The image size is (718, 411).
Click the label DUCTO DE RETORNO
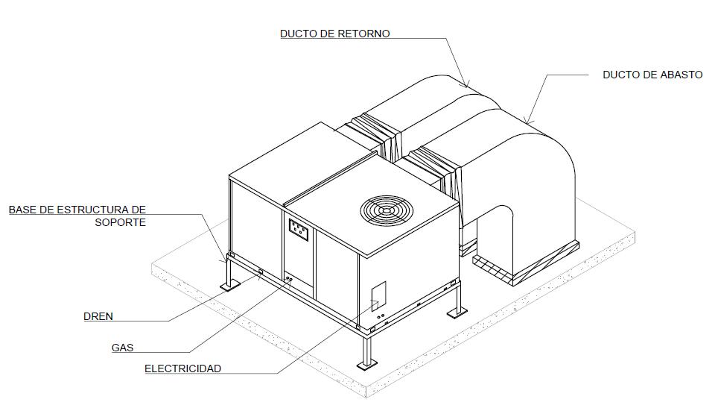pos(334,34)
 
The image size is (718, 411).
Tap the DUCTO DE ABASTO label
pos(652,75)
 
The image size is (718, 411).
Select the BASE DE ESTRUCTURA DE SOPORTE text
pos(77,216)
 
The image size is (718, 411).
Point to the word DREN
pos(98,316)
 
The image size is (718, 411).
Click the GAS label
pos(122,348)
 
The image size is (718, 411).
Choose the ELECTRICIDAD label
pos(182,368)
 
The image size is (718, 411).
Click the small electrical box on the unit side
pos(379,296)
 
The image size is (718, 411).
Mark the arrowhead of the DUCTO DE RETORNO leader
pos(466,86)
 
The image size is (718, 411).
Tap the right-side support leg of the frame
pos(456,307)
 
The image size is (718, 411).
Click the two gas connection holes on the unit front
pos(288,279)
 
